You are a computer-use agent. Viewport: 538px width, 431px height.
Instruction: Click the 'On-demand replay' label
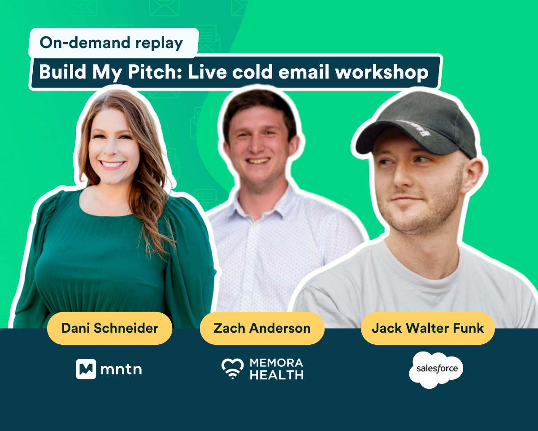(114, 43)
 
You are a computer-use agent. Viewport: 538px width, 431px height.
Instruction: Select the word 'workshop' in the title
(382, 72)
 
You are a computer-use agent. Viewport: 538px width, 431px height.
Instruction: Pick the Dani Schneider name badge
(109, 328)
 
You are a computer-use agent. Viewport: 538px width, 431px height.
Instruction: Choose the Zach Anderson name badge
(262, 328)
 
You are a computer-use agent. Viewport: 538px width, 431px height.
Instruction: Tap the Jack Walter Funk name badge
(428, 328)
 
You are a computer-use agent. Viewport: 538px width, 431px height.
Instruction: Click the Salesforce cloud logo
(436, 369)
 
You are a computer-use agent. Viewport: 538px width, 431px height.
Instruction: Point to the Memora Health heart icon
(233, 369)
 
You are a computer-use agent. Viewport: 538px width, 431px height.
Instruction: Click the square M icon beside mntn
(86, 369)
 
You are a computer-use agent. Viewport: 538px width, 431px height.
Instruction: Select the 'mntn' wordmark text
(121, 369)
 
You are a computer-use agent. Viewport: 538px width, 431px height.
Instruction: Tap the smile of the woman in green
(112, 165)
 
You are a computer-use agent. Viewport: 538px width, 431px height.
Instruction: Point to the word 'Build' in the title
(62, 72)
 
